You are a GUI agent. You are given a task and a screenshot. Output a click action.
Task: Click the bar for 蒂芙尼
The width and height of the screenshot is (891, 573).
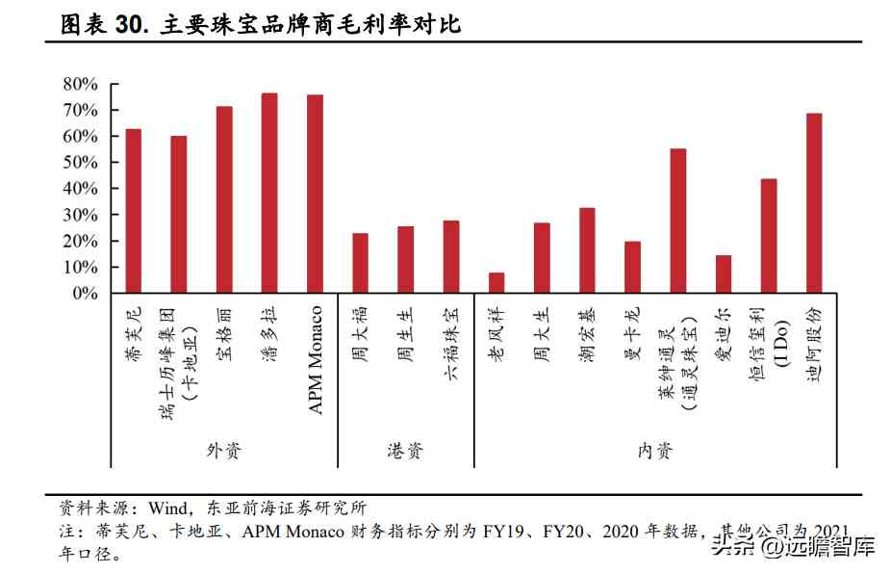pos(134,211)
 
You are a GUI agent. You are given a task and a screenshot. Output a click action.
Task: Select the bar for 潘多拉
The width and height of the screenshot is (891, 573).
pos(269,193)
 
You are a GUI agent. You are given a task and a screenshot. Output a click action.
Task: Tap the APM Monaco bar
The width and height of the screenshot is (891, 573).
pos(315,194)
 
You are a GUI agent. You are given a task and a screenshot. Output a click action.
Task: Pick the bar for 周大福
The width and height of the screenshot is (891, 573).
pos(360,263)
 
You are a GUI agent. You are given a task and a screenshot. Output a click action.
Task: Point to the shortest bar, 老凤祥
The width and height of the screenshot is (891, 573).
pos(496,282)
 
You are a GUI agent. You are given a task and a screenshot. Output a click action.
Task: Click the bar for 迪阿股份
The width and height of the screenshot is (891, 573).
pos(814,203)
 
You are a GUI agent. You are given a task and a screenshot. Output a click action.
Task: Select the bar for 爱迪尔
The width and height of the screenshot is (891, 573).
pos(724,273)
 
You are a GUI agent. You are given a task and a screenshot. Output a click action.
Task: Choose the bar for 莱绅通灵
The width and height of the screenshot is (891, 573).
pos(677,221)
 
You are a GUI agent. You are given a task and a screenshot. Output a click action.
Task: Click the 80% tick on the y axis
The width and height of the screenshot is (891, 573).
pos(81,85)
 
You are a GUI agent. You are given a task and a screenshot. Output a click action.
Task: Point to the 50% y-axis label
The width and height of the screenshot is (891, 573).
pos(81,163)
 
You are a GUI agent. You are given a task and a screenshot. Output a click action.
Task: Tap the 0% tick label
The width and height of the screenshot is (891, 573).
pos(86,293)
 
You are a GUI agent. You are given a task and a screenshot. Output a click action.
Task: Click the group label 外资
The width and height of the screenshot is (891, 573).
pos(223,450)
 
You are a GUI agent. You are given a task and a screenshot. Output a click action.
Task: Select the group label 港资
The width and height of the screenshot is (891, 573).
pos(405,450)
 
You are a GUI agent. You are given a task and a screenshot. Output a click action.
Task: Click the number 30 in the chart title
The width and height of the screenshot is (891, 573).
pos(129,25)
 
